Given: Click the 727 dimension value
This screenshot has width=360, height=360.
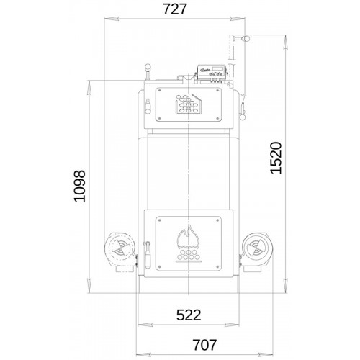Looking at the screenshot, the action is (x=174, y=9).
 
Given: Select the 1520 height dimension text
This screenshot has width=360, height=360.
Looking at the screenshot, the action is (x=276, y=158).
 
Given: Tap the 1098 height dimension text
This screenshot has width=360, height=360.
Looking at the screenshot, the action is (x=80, y=186).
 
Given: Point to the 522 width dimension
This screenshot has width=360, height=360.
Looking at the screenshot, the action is (x=189, y=315).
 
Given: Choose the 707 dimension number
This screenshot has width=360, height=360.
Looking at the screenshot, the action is (x=204, y=345).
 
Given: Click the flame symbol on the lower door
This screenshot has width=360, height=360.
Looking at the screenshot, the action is (x=189, y=238).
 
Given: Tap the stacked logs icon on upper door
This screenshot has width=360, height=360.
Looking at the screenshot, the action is (x=189, y=104).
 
